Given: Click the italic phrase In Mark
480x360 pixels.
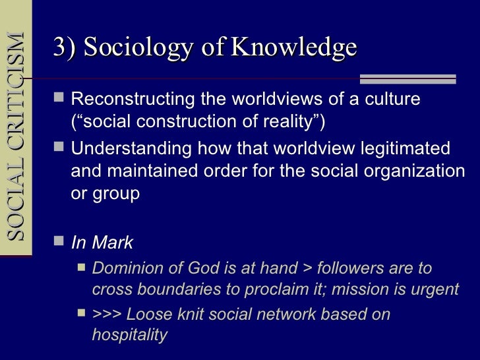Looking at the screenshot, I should click(x=102, y=243).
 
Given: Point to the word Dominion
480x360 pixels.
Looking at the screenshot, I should click(x=125, y=268).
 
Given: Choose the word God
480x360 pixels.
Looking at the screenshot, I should click(x=193, y=268).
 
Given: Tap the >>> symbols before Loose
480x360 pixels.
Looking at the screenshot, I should click(x=107, y=315).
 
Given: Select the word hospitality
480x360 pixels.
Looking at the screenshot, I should click(x=129, y=335).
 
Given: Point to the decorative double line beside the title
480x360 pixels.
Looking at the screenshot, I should click(x=417, y=79).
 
